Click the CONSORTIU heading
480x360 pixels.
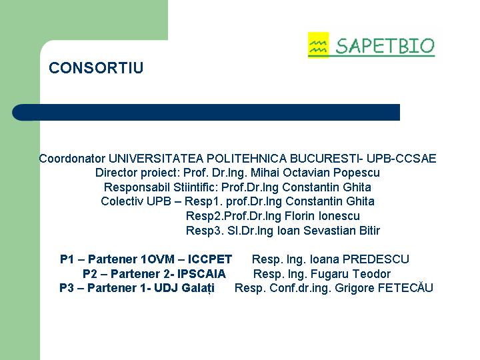click(x=96, y=67)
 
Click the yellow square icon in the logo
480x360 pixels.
click(x=319, y=45)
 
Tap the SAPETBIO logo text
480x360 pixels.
click(x=385, y=46)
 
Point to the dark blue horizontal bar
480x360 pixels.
click(x=206, y=113)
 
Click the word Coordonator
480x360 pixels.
click(x=72, y=159)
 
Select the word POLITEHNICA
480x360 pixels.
click(x=247, y=159)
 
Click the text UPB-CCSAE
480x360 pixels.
click(x=401, y=159)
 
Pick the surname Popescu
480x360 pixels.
click(x=357, y=173)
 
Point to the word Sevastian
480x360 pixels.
click(x=327, y=231)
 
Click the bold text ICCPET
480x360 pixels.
click(x=210, y=259)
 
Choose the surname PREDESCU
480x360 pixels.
click(x=375, y=259)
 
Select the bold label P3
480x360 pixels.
click(x=67, y=288)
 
